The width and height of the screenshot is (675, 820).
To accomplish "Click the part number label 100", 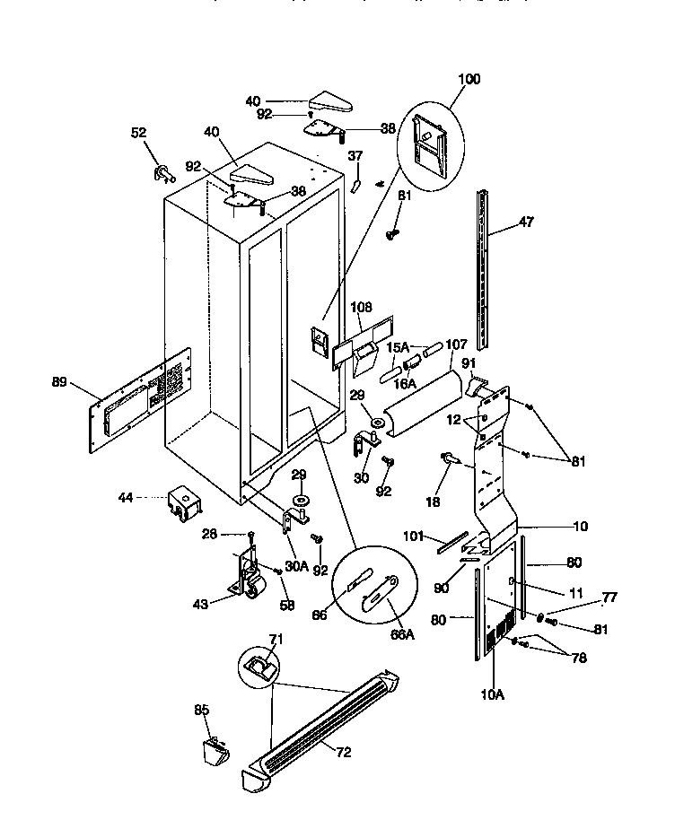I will [x=468, y=79].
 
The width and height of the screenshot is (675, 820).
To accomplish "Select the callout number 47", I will [x=526, y=222].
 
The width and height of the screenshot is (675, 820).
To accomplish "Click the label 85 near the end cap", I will [x=202, y=710].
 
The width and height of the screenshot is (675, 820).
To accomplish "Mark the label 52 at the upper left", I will [x=138, y=133].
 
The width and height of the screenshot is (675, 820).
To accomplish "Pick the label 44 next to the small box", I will [x=127, y=496].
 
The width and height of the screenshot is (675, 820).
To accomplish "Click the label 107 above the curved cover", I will [x=456, y=344].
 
